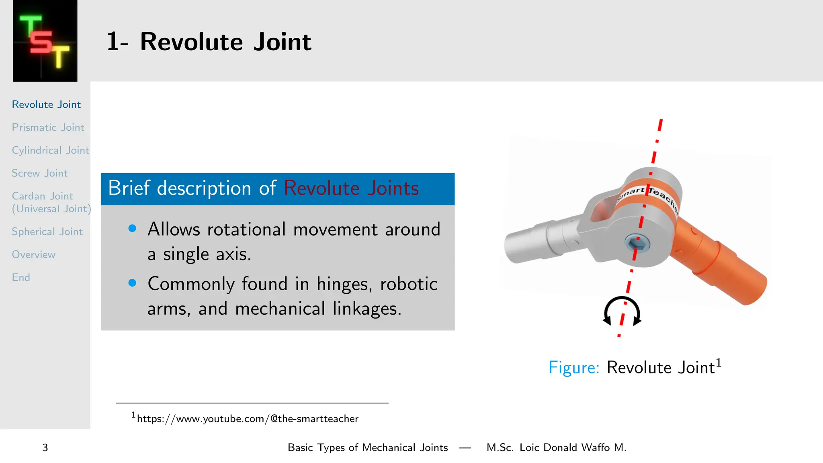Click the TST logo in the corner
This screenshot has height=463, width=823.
pyautogui.click(x=45, y=41)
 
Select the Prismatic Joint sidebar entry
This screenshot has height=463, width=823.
pyautogui.click(x=48, y=127)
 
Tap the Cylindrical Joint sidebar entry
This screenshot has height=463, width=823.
pyautogui.click(x=50, y=150)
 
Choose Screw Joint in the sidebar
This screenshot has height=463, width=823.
pyautogui.click(x=39, y=173)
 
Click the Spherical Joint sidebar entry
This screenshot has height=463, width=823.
pyautogui.click(x=47, y=232)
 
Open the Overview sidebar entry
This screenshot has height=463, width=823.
pyautogui.click(x=33, y=255)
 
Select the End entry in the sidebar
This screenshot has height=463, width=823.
pyautogui.click(x=21, y=278)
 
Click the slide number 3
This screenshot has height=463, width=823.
pyautogui.click(x=45, y=448)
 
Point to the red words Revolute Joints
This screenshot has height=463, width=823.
pyautogui.click(x=351, y=188)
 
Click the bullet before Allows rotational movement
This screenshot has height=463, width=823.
pyautogui.click(x=132, y=229)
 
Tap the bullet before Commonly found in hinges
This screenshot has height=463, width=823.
pyautogui.click(x=132, y=283)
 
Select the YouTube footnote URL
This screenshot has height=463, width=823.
pyautogui.click(x=247, y=419)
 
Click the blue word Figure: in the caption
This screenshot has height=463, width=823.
pyautogui.click(x=574, y=367)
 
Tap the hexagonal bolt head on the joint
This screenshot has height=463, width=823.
pyautogui.click(x=637, y=243)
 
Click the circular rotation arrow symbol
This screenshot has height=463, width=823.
pyautogui.click(x=622, y=311)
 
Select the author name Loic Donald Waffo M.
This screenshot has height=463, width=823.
pyautogui.click(x=573, y=448)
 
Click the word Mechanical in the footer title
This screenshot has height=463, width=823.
pyautogui.click(x=389, y=448)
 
